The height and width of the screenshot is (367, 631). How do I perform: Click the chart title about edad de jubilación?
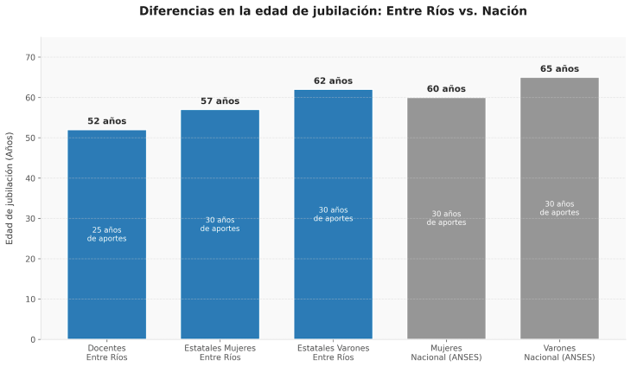pos(333,11)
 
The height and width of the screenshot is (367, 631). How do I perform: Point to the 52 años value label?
pos(107,121)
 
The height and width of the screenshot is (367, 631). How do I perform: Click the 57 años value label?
pos(220,101)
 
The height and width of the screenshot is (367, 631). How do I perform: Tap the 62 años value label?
pos(333,81)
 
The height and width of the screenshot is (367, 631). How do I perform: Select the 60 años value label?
pos(446,89)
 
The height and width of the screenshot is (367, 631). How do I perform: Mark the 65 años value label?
pos(559,69)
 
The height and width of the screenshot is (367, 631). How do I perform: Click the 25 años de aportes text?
pos(107,234)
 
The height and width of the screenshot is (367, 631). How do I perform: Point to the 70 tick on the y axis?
pos(31,57)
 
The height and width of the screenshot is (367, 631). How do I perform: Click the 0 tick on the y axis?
pos(34,339)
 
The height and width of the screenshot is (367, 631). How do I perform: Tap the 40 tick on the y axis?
pos(31,178)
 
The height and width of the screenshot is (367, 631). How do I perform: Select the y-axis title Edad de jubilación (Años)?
pos(10,188)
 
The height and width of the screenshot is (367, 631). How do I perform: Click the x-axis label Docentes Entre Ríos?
pos(107,352)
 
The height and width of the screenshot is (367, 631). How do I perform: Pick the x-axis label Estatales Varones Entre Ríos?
pos(333,352)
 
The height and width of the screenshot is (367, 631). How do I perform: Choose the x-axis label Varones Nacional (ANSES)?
pos(559,352)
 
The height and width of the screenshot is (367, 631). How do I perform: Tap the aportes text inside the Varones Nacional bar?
pos(559,208)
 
